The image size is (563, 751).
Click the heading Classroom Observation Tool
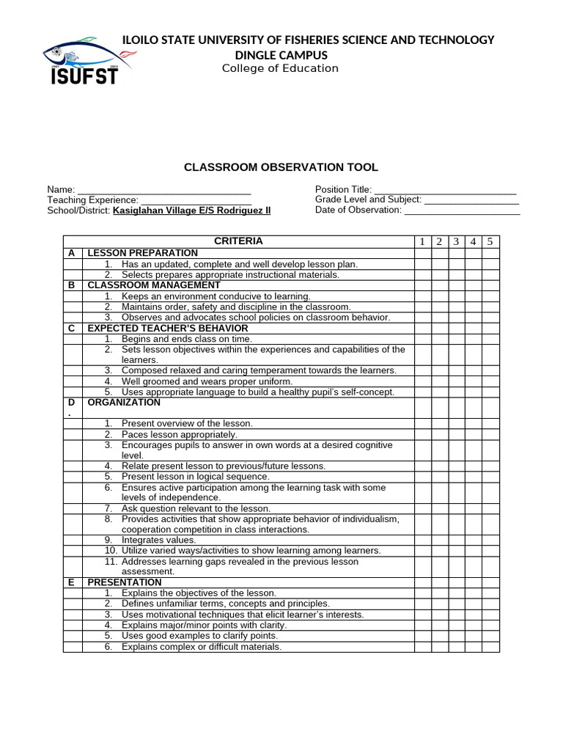[x=281, y=168]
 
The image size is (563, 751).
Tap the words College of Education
[x=280, y=68]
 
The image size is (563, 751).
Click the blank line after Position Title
[x=445, y=191]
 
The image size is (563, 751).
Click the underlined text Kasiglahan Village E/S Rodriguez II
[x=191, y=210]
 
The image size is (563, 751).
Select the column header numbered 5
[x=490, y=242]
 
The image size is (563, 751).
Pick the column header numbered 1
[x=422, y=242]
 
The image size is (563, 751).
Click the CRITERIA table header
[x=238, y=241]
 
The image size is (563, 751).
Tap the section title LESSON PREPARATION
[x=143, y=253]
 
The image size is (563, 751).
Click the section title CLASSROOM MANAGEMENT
[x=154, y=285]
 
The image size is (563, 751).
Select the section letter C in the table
[x=72, y=329]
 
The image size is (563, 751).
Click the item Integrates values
[x=159, y=540]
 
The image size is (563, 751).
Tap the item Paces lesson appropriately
[x=180, y=434]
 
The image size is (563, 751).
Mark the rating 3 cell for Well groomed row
[x=456, y=381]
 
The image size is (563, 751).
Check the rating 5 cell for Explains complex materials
[x=490, y=647]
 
